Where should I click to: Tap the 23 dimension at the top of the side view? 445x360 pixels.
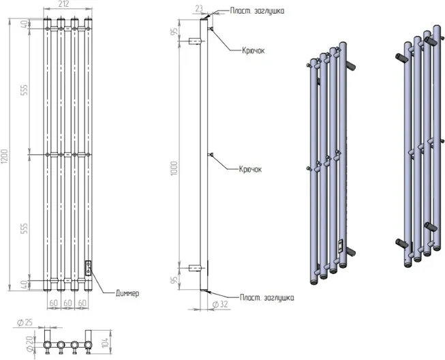[198, 9]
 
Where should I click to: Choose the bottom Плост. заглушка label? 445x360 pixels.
[266, 298]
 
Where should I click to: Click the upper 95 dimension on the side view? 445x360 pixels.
[175, 31]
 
